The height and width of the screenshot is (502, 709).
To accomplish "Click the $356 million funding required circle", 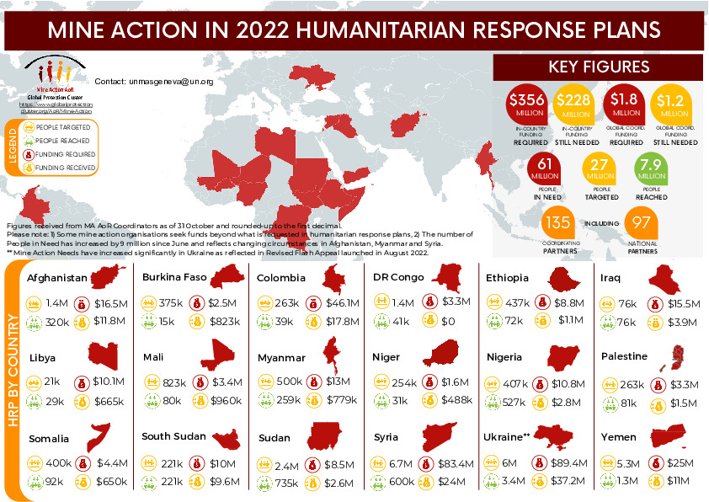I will [x=525, y=104].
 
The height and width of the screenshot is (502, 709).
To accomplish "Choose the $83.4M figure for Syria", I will [x=458, y=463].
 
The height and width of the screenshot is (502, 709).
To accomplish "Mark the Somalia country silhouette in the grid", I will [x=100, y=437].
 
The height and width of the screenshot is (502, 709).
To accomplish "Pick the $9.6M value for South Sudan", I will [x=227, y=482].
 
